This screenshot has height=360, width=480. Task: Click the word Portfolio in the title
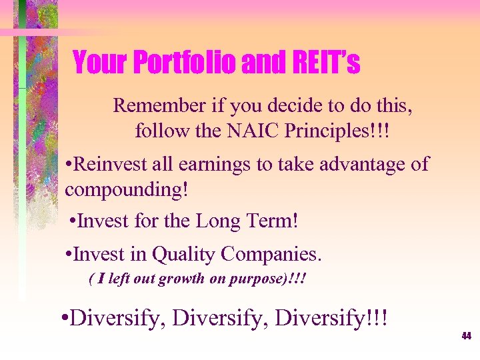click(x=184, y=64)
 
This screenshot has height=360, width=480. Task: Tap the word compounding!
click(x=127, y=190)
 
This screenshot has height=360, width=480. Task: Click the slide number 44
click(x=466, y=337)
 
